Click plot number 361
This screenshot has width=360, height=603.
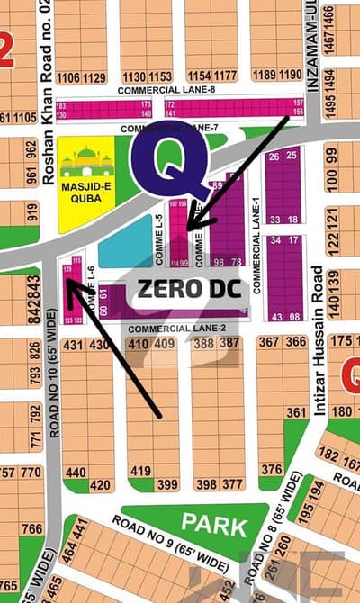[x=296, y=412]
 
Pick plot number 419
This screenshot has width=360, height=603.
[x=139, y=470]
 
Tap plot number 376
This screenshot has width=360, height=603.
[x=271, y=469]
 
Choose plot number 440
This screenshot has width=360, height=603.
[x=76, y=472]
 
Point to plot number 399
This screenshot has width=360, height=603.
[x=167, y=485]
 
